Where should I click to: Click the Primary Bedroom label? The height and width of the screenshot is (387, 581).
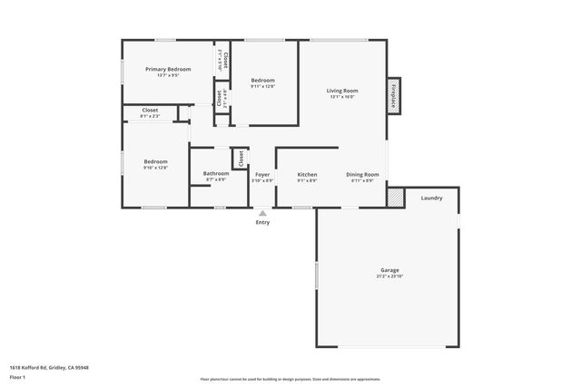click(x=168, y=69)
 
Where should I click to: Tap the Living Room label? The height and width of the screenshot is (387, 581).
click(x=342, y=91)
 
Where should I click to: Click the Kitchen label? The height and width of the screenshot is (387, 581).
click(x=307, y=174)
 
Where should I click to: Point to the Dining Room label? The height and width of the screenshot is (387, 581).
click(x=362, y=174)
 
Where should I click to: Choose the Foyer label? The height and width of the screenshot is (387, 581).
click(x=262, y=174)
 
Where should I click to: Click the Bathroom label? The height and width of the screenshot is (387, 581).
click(x=216, y=174)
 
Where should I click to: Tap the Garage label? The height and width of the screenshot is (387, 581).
click(x=389, y=270)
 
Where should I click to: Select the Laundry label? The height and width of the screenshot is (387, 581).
click(x=431, y=198)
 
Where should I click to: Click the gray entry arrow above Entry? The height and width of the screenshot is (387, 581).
click(x=262, y=214)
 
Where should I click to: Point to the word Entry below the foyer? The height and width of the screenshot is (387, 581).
click(x=262, y=222)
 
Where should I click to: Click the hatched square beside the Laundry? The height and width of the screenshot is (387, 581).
click(x=395, y=197)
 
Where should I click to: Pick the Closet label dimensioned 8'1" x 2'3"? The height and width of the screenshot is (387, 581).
click(x=150, y=111)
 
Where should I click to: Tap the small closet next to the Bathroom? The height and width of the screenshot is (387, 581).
click(x=241, y=159)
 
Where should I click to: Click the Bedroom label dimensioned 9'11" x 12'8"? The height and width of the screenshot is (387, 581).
click(x=262, y=81)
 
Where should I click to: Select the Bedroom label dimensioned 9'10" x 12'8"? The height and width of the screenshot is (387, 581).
click(x=155, y=162)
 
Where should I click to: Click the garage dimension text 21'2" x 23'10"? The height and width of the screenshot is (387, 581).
click(x=389, y=276)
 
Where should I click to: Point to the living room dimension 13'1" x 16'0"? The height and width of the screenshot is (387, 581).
click(x=342, y=97)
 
